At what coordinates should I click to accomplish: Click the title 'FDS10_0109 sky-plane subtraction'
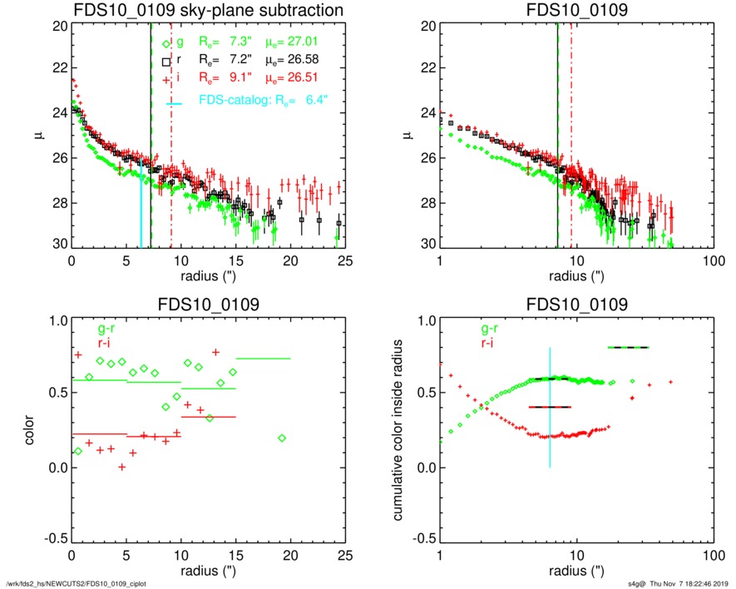coord(208,11)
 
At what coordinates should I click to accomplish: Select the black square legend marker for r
coord(166,62)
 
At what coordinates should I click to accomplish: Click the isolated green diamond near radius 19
coord(282,438)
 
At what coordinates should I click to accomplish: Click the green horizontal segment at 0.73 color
coord(264,359)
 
